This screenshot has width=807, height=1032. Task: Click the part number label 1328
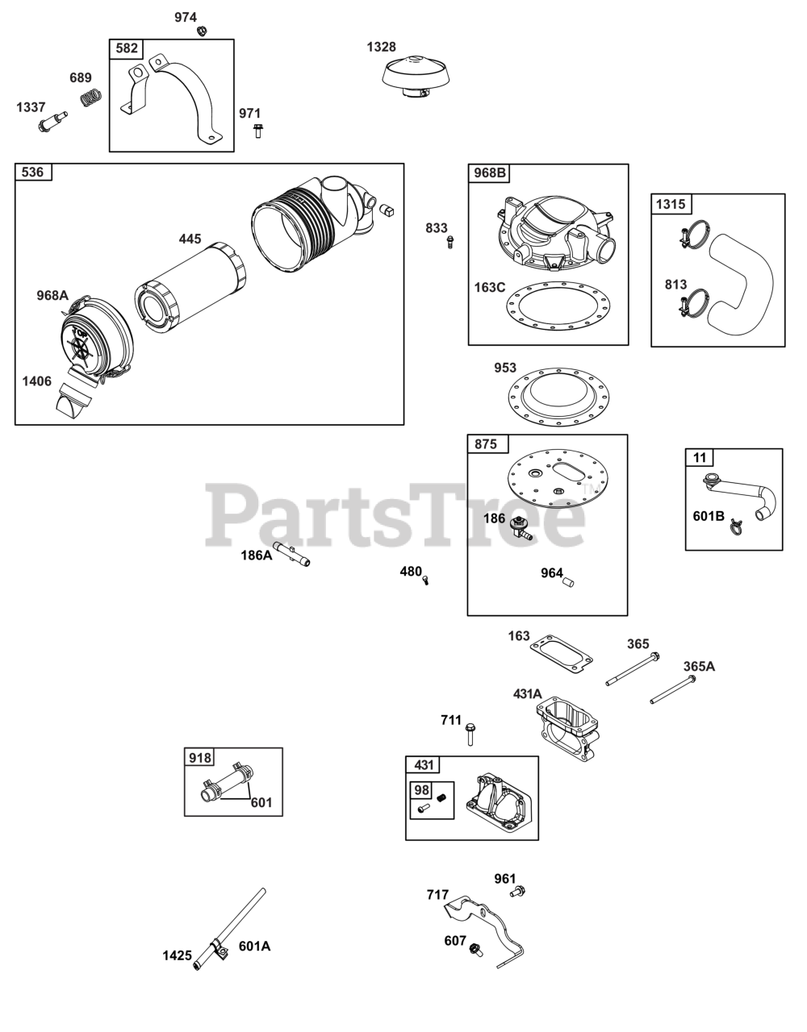point(381,47)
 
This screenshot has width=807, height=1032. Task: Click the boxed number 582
point(127,48)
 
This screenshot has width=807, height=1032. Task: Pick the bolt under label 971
point(257,131)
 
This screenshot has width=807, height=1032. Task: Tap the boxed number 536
point(33,172)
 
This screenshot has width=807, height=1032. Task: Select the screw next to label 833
point(450,241)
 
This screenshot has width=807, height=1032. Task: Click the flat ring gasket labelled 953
point(564,395)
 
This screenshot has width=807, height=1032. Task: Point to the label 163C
point(489,286)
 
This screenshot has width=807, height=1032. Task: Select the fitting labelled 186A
point(292,556)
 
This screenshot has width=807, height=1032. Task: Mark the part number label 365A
point(698,666)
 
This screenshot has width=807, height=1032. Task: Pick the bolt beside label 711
point(470,733)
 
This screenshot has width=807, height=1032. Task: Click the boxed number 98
point(421,790)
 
